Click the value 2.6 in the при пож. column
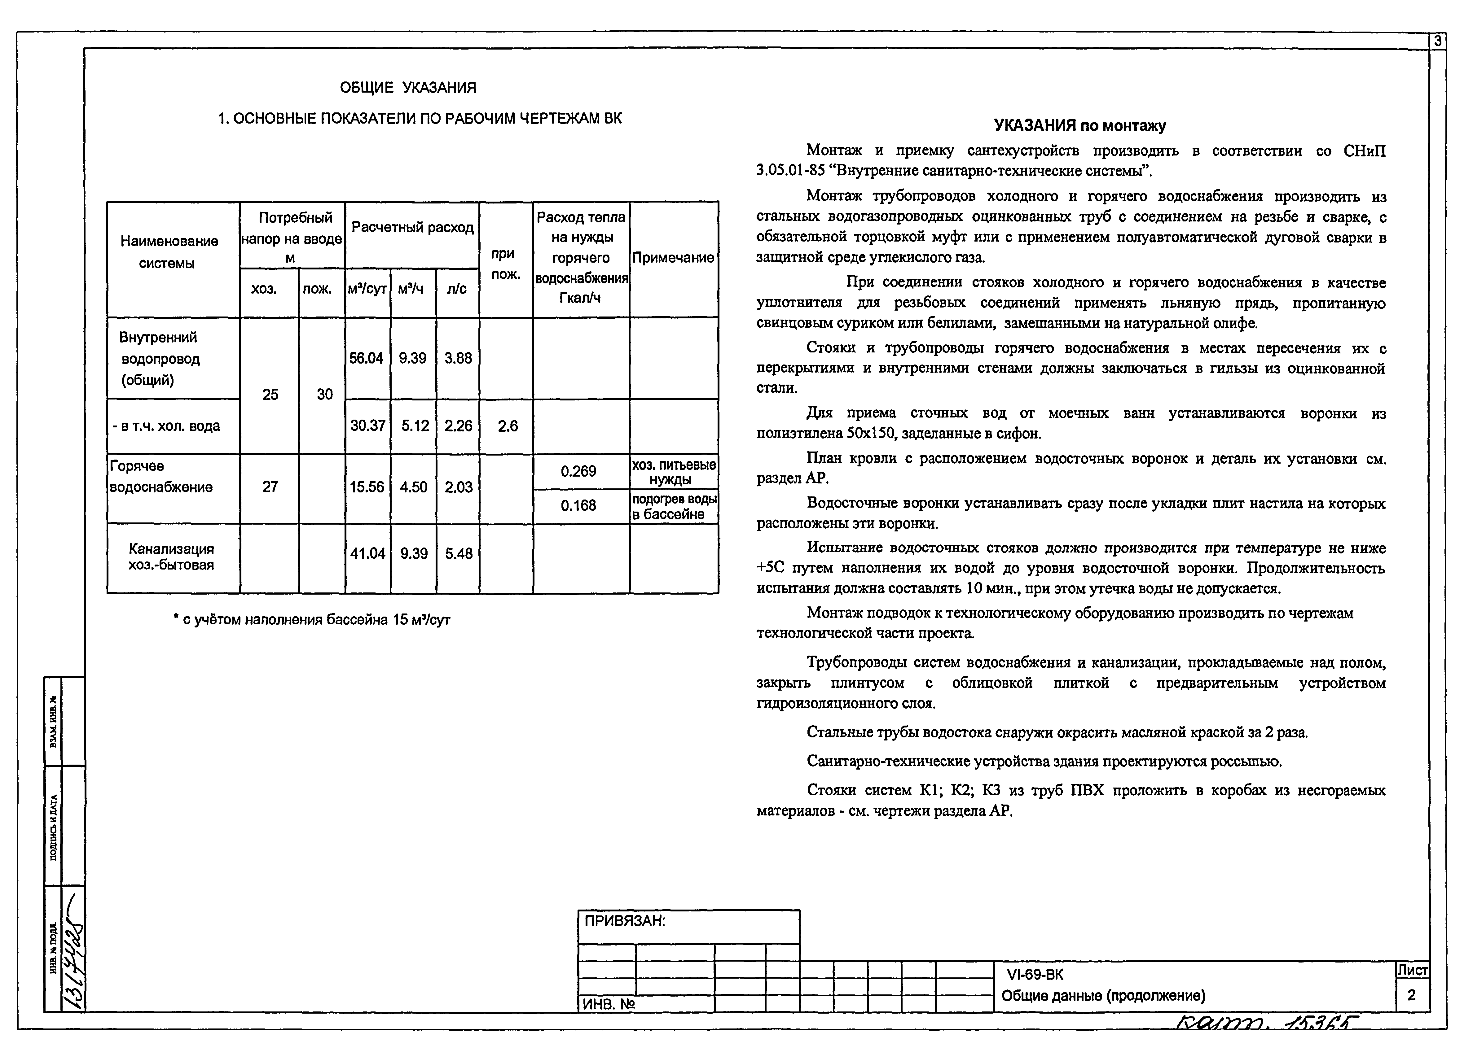point(508,426)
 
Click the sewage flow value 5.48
point(458,554)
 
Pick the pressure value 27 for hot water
point(270,487)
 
